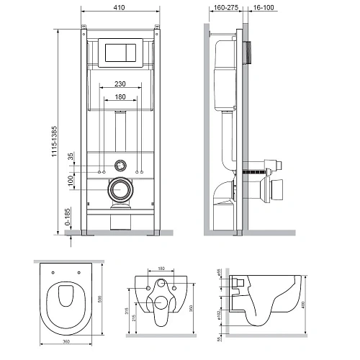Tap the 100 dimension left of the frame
tap(70, 179)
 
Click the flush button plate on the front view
tap(120, 53)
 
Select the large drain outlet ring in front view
tap(120, 189)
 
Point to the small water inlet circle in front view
tap(120, 165)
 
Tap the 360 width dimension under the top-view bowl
tap(67, 340)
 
